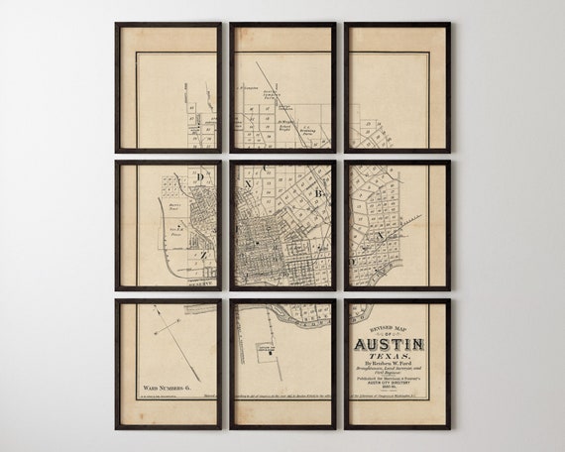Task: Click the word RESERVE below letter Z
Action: click(x=203, y=282)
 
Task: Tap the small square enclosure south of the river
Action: click(x=265, y=351)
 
